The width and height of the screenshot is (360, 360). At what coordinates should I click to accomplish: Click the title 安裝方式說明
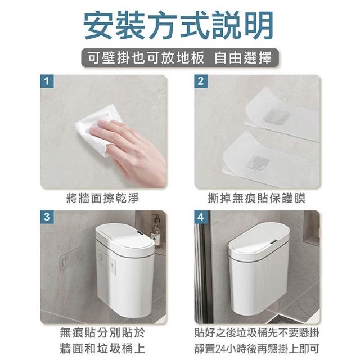pyautogui.click(x=179, y=25)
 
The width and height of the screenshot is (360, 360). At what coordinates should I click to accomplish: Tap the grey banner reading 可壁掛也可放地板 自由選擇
pyautogui.click(x=180, y=57)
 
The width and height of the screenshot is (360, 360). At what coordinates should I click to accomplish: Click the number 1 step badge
pyautogui.click(x=47, y=81)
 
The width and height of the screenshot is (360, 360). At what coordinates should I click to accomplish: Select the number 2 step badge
pyautogui.click(x=201, y=81)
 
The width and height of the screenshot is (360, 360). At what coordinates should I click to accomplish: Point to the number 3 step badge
pyautogui.click(x=47, y=217)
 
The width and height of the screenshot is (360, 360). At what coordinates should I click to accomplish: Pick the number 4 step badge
pyautogui.click(x=201, y=217)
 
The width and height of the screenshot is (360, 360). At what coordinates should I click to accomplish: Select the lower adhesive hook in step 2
pyautogui.click(x=259, y=163)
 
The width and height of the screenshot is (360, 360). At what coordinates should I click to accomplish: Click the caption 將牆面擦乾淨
pyautogui.click(x=102, y=199)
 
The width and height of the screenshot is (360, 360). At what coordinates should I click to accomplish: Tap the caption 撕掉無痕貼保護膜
pyautogui.click(x=256, y=199)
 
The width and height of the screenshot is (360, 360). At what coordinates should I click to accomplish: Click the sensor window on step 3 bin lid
pyautogui.click(x=139, y=234)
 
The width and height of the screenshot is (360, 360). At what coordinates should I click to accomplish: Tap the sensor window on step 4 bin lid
pyautogui.click(x=273, y=242)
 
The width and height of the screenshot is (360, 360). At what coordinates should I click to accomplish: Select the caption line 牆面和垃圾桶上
pyautogui.click(x=102, y=348)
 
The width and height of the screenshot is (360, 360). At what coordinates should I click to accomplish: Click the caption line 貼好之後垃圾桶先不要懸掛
pyautogui.click(x=257, y=332)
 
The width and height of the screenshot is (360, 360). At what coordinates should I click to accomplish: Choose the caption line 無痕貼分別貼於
pyautogui.click(x=102, y=332)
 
